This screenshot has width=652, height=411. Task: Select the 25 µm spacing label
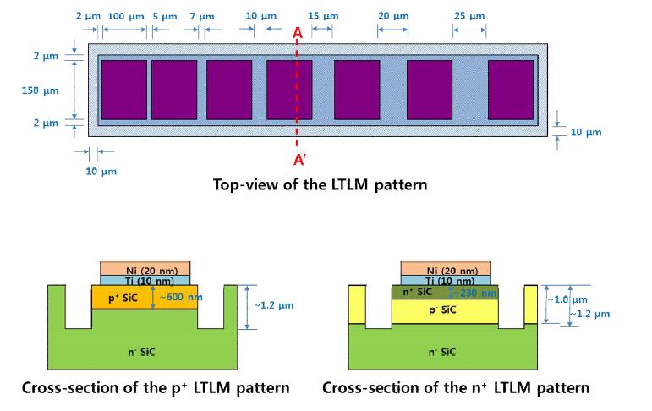[468, 16]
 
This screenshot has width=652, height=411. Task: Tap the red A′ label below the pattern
[299, 160]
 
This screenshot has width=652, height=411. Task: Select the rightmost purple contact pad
[510, 90]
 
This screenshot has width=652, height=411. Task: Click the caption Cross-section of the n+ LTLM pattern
[456, 388]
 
